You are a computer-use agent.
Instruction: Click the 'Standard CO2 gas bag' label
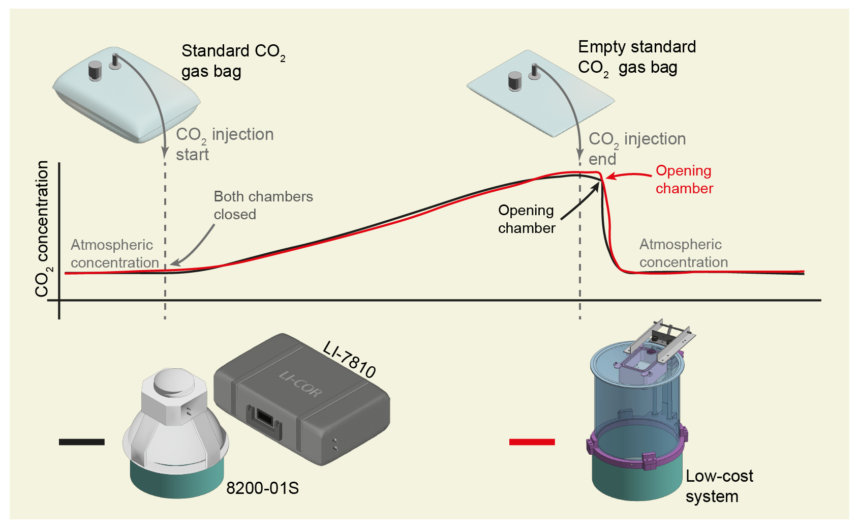[x=233, y=61]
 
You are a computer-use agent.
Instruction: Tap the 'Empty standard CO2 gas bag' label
[x=636, y=57]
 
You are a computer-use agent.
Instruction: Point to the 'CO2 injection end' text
[x=636, y=149]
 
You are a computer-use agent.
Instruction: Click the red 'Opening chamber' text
[x=684, y=180]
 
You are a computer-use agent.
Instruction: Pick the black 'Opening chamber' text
[x=526, y=219]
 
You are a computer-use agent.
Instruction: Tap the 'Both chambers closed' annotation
[x=263, y=206]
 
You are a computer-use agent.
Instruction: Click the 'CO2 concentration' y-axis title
[x=42, y=229]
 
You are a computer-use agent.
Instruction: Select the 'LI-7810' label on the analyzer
[x=350, y=360]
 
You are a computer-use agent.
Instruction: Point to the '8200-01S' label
[x=262, y=488]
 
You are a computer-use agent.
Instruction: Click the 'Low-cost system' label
[x=719, y=486]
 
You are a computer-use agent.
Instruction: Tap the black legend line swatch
[x=81, y=442]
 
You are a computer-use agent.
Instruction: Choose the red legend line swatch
[x=532, y=442]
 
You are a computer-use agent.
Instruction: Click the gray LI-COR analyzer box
[x=301, y=402]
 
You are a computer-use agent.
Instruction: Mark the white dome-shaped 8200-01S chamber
[x=175, y=422]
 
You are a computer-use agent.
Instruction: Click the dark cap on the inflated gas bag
[x=95, y=71]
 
